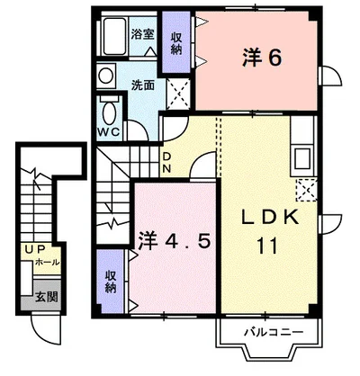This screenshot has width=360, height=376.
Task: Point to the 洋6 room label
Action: (262, 58)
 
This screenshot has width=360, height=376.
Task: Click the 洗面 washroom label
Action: (142, 86)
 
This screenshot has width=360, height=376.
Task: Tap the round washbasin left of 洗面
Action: (106, 76)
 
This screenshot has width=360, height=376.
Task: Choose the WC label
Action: (110, 131)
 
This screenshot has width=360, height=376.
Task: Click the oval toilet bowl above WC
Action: (110, 112)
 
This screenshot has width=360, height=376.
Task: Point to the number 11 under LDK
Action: (269, 245)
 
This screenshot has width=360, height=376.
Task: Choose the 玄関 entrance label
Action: (44, 294)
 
